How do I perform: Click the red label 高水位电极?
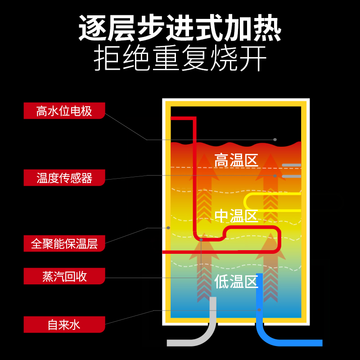coord(64,111)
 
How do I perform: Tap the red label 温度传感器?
coord(64,178)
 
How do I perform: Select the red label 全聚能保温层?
coord(64,244)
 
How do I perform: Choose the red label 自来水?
coord(64,324)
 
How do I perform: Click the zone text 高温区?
coord(235,160)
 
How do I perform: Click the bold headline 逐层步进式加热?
coord(180,28)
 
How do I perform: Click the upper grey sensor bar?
coord(292,166)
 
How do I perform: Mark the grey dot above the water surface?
coord(275,139)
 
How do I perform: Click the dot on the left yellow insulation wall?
coord(168,227)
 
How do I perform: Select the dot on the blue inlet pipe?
coord(260,310)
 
